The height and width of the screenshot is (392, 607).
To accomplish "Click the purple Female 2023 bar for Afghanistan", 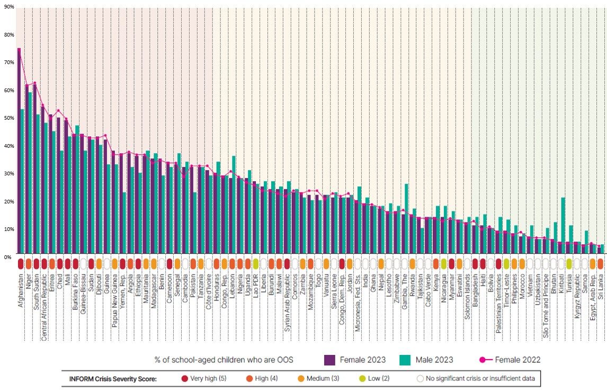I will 19,148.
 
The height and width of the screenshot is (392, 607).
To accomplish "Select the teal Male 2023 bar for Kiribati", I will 563,222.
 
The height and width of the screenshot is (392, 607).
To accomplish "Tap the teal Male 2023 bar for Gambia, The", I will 406,217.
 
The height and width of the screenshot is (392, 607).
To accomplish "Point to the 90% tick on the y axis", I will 7,7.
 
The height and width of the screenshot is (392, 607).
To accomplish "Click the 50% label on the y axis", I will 7,118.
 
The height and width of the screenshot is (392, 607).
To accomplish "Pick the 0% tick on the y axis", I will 7,256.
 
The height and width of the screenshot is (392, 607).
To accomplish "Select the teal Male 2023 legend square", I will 405,360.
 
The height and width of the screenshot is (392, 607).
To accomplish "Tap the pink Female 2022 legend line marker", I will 482,360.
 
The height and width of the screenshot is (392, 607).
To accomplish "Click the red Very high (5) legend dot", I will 184,379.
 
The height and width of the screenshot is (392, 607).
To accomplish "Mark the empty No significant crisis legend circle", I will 421,379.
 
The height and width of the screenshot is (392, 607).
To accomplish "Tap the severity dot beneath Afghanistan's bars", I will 20,263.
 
